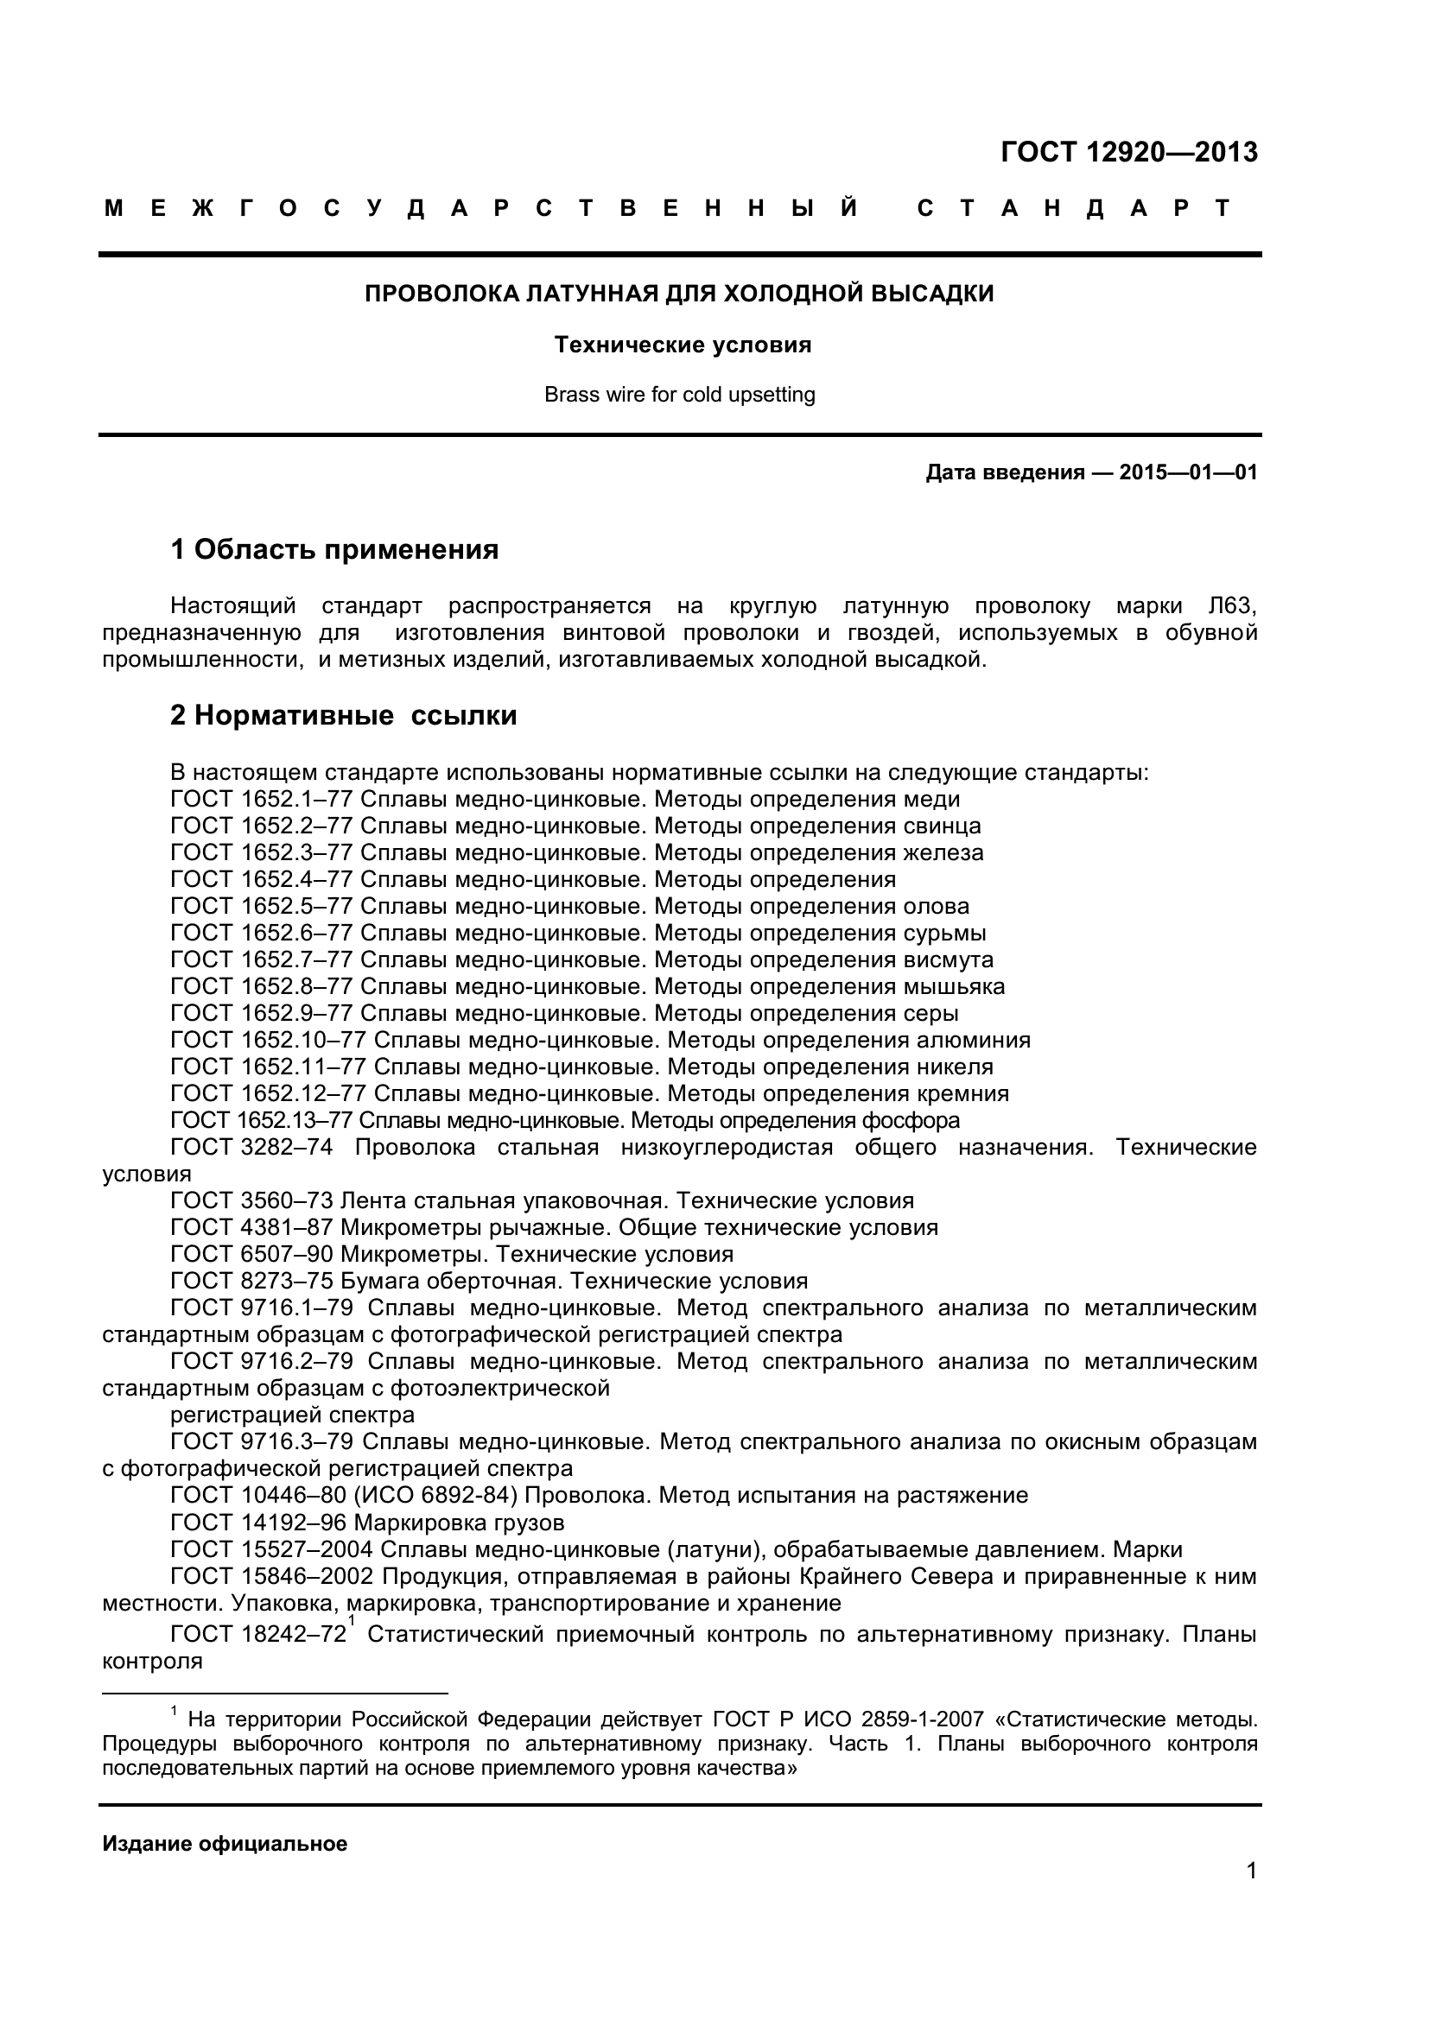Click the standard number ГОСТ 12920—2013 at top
pyautogui.click(x=1128, y=152)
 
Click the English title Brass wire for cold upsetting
pyautogui.click(x=679, y=395)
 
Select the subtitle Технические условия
pyautogui.click(x=682, y=345)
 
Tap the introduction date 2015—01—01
pyautogui.click(x=1188, y=472)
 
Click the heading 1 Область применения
pyautogui.click(x=334, y=550)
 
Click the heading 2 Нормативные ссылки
pyautogui.click(x=343, y=716)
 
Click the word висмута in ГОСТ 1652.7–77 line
pyautogui.click(x=948, y=959)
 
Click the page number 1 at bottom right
pyautogui.click(x=1251, y=1895)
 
